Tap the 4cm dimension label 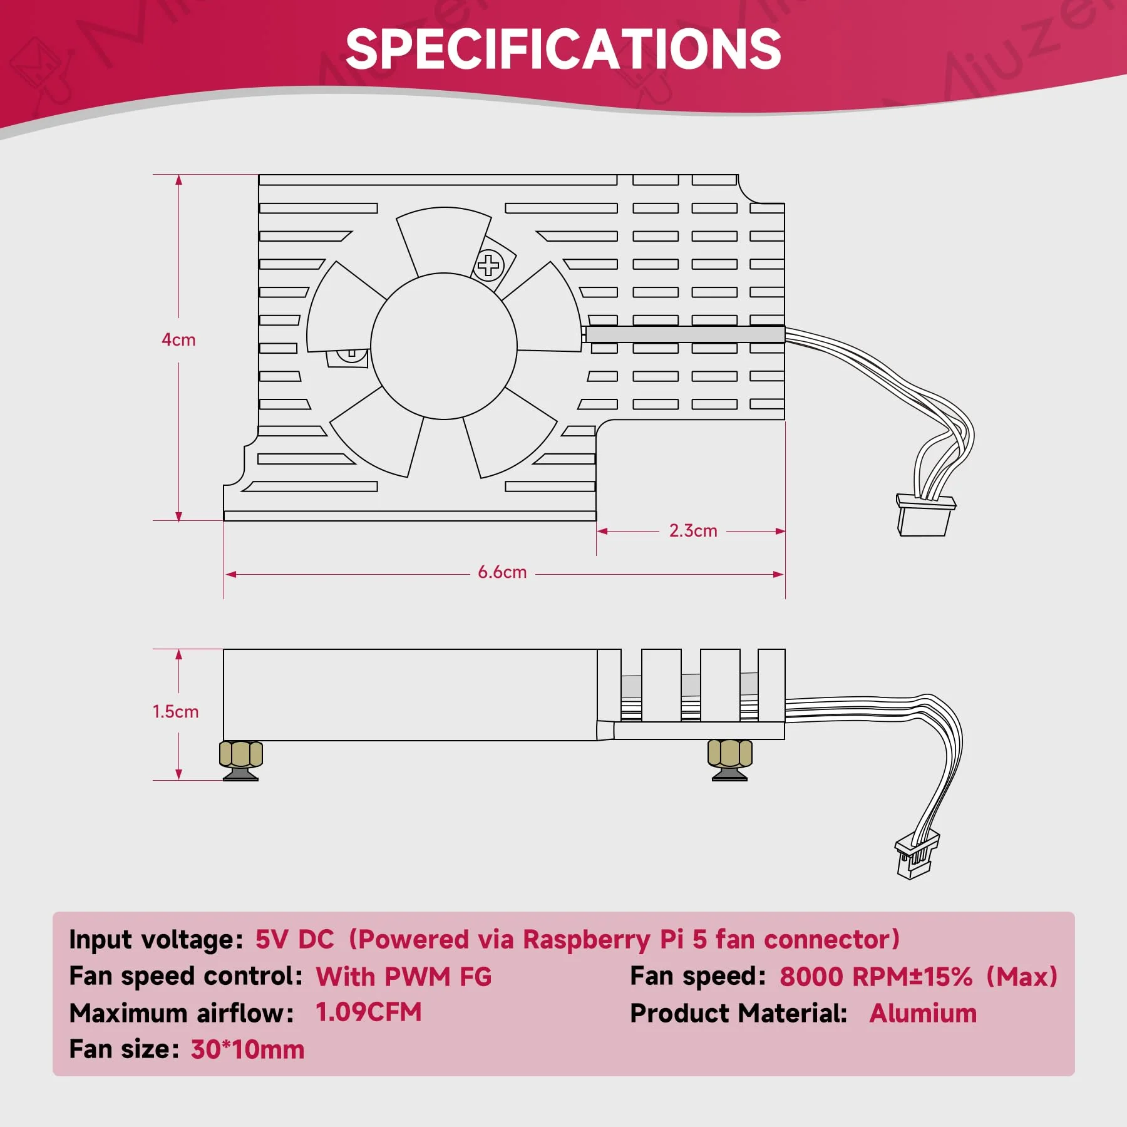[178, 340]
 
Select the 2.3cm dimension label [693, 531]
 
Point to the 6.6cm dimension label [502, 572]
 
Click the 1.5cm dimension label [175, 712]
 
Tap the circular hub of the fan [444, 346]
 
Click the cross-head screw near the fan [489, 265]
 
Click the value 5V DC [294, 939]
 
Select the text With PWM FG [404, 977]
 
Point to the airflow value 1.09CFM [368, 1012]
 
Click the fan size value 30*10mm [247, 1049]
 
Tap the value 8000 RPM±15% [876, 977]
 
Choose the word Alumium [923, 1013]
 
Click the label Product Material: [739, 1013]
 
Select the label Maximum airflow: [182, 1013]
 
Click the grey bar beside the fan [685, 334]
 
